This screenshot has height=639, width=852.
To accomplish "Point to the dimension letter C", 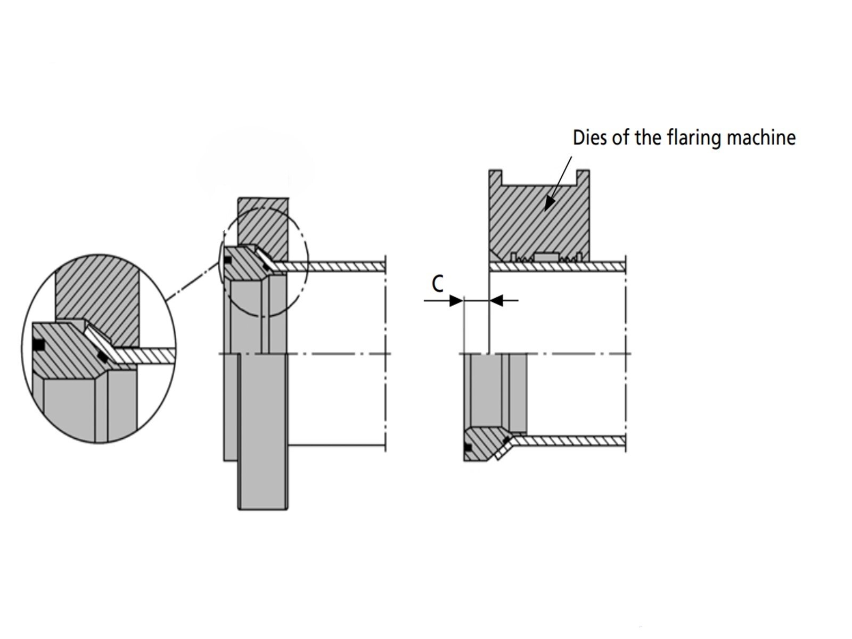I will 437,284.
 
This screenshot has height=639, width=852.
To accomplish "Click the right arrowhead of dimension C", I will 496,301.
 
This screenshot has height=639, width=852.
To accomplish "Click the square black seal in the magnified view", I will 38,345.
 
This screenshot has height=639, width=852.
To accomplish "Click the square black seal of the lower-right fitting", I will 468,447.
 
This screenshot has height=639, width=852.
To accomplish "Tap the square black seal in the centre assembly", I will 227,260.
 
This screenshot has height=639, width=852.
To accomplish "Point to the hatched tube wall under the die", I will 556,266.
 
